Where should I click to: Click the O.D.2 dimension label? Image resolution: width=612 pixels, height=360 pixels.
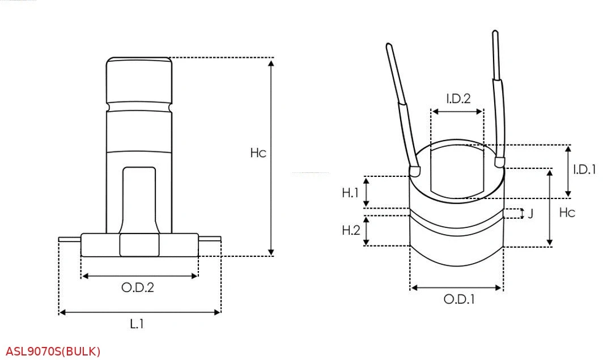coord(138,287)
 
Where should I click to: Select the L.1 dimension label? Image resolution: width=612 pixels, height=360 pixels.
coord(137,324)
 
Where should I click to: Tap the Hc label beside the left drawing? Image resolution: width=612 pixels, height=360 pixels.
coord(258,153)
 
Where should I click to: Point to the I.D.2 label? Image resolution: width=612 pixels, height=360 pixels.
coord(458,99)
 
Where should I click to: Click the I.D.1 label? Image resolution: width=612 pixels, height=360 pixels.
coord(584,169)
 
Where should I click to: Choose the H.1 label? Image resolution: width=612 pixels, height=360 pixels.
coord(350,193)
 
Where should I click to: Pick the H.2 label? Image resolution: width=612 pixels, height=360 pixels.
coord(350,230)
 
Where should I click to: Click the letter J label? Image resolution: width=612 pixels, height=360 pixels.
coord(530,214)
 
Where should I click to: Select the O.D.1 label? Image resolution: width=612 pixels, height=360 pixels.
coord(458,299)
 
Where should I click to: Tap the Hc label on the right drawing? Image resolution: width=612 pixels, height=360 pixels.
coord(567,212)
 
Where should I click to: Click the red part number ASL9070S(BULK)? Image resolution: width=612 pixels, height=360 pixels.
coord(53,351)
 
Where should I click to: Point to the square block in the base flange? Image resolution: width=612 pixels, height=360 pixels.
coord(139,245)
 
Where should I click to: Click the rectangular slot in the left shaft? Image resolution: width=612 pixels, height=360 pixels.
coord(139,198)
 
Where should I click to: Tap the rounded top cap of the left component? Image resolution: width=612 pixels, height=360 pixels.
coord(139,79)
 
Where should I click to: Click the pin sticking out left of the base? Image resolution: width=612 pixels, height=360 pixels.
coord(70,239)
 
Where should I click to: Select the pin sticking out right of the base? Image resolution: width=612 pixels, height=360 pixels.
coord(209,239)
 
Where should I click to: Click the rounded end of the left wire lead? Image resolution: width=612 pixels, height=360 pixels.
coord(415,169)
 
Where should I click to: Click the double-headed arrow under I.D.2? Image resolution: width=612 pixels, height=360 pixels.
coord(457,112)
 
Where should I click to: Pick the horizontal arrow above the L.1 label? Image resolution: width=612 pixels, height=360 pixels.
coord(139,312)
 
